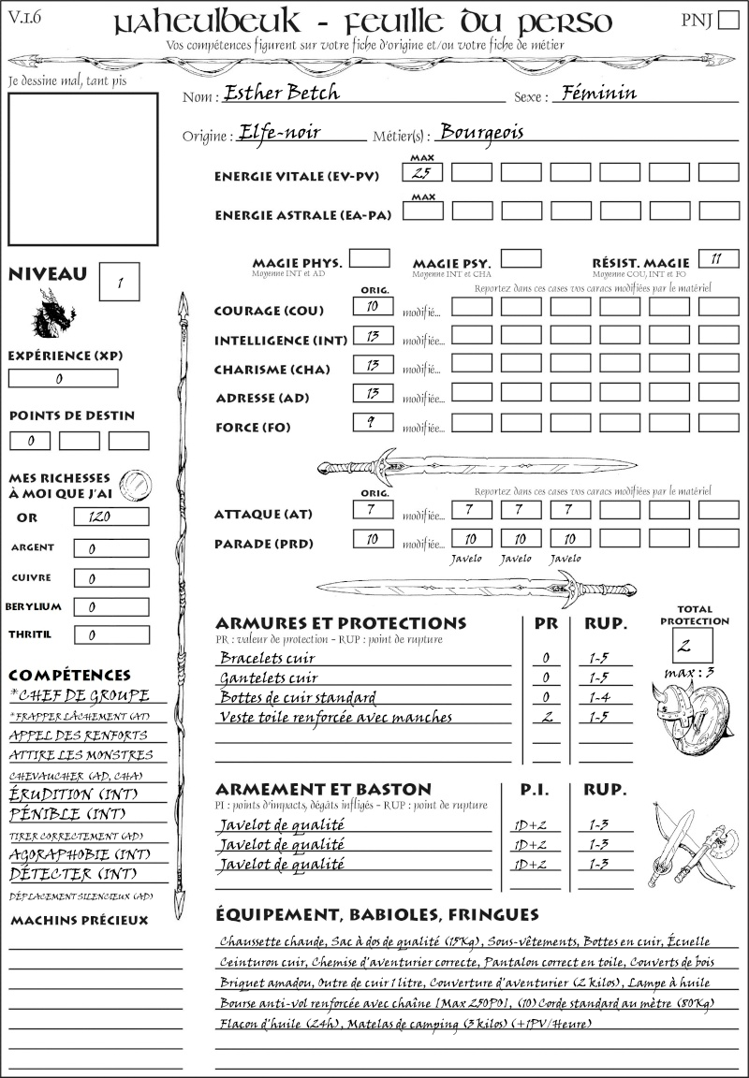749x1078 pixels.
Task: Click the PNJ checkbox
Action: point(726,22)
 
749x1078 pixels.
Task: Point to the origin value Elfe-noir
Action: point(280,132)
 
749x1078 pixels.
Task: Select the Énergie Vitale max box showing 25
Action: point(423,172)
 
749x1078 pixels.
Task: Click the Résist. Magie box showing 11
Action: point(717,258)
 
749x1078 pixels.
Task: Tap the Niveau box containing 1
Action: point(121,281)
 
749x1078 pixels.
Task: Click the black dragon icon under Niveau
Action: point(53,313)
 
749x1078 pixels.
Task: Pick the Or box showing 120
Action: point(110,517)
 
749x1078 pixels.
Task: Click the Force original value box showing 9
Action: point(372,422)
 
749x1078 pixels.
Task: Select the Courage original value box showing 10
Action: point(372,306)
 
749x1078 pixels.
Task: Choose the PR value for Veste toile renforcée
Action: point(546,717)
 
